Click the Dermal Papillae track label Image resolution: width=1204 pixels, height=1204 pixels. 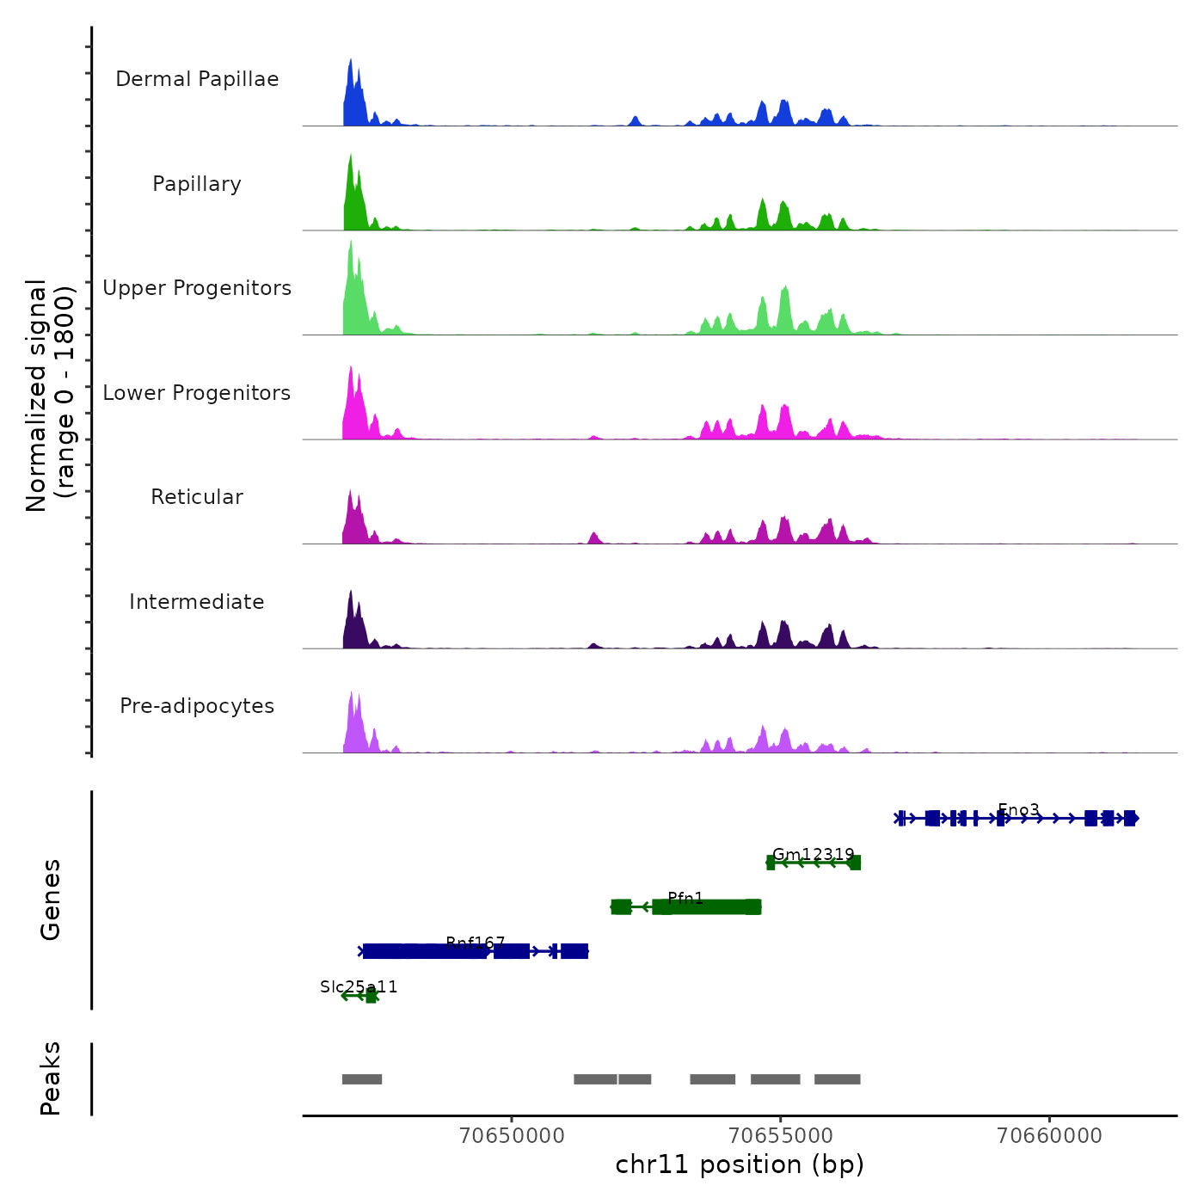(x=197, y=79)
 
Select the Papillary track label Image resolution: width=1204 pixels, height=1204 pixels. (x=197, y=184)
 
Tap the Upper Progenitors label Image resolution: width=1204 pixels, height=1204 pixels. (x=197, y=288)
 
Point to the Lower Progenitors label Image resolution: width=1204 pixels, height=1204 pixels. (x=197, y=393)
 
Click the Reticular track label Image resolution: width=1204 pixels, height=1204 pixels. (x=197, y=497)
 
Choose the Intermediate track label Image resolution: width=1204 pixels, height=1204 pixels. (x=197, y=602)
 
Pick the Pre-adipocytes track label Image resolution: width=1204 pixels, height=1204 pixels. (x=197, y=706)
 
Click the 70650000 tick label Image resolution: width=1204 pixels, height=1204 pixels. (x=513, y=1136)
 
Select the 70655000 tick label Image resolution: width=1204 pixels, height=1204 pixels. (x=781, y=1136)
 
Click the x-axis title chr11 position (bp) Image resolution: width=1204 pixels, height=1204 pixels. (x=740, y=1165)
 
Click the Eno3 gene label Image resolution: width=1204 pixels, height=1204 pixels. (x=1018, y=810)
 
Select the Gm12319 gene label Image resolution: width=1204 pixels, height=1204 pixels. (x=814, y=855)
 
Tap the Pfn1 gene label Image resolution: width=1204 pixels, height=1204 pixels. (x=685, y=899)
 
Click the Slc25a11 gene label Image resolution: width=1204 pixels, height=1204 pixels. (x=359, y=987)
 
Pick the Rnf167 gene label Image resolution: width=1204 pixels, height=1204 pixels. (x=476, y=943)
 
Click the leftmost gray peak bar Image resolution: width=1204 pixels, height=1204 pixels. (x=362, y=1079)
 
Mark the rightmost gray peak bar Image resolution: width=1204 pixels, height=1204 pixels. (x=837, y=1079)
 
